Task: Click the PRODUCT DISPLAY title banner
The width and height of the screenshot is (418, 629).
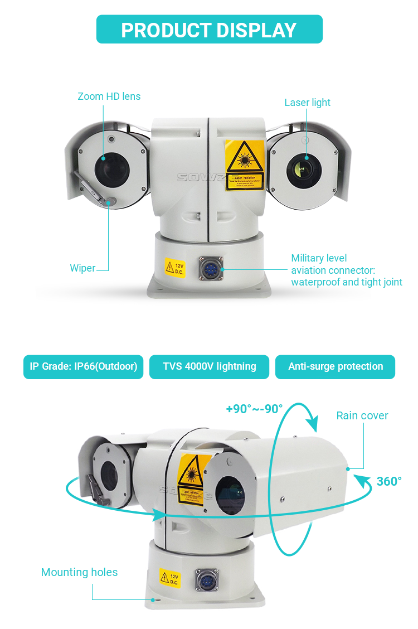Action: coord(209,30)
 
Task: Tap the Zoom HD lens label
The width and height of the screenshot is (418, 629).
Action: coord(109,96)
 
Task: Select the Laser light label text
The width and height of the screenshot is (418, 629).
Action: coord(307,103)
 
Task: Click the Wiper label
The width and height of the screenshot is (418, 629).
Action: coord(82,268)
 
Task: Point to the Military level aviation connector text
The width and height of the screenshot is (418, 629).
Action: coord(346,270)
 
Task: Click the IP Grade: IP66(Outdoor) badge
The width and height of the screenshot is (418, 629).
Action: coord(84,366)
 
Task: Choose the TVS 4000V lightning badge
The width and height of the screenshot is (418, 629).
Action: coord(209,366)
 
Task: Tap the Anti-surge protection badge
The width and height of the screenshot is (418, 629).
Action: coord(336,366)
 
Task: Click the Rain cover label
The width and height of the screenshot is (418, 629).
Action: coord(362,415)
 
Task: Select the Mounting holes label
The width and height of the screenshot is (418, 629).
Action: coord(79,573)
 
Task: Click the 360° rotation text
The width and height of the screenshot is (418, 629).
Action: coord(389,481)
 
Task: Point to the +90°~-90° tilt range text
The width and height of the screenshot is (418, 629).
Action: coord(254,409)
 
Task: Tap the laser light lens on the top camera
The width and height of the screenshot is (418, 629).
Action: coord(302,167)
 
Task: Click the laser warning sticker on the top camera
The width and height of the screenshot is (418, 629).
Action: coord(245,165)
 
